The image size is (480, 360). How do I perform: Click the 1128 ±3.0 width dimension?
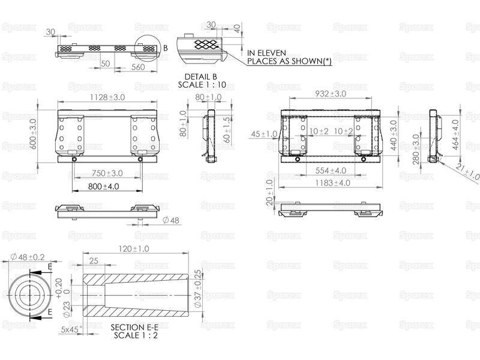[107, 97]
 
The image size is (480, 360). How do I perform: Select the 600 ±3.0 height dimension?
[34, 134]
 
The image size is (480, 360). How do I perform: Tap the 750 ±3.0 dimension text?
[107, 173]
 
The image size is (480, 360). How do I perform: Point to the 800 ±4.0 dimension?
[103, 187]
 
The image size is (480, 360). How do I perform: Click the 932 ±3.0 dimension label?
[331, 94]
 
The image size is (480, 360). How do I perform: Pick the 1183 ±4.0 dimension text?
[333, 183]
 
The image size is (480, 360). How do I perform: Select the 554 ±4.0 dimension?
[331, 170]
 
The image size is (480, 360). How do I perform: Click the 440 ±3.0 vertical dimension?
[394, 136]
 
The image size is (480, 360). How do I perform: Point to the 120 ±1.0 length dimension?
[134, 249]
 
